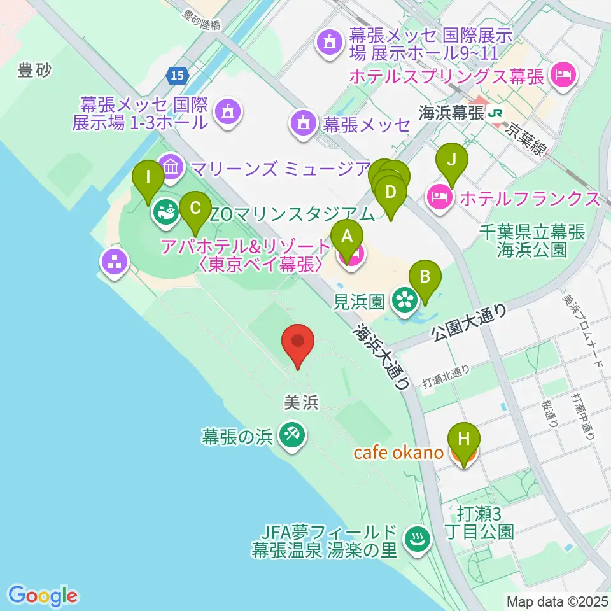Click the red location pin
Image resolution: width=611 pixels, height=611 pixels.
[x=297, y=344]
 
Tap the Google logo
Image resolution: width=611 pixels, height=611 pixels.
[x=43, y=596]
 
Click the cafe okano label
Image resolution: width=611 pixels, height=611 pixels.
[x=398, y=453]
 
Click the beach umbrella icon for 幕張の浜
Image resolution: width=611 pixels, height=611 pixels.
[x=293, y=436]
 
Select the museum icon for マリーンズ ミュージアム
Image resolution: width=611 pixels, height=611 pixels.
[x=170, y=168]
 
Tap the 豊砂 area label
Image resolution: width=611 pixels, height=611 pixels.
[x=34, y=71]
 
